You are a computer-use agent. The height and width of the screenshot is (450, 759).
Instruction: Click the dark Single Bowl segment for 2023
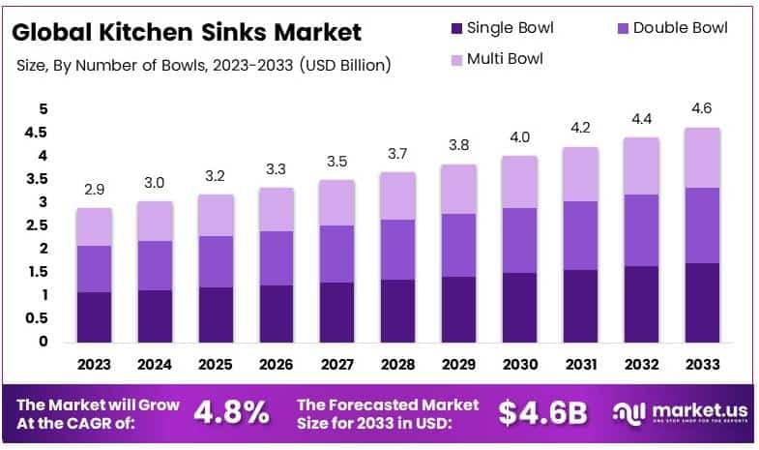click(95, 316)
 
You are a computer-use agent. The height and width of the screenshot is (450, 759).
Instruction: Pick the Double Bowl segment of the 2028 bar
click(398, 250)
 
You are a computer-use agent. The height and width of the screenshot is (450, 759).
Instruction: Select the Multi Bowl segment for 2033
click(704, 158)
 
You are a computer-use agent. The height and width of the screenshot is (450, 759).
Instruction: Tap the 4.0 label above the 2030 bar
click(520, 136)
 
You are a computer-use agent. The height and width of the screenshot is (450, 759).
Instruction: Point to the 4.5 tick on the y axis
click(36, 133)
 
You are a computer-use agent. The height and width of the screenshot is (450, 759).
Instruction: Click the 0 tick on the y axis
click(43, 342)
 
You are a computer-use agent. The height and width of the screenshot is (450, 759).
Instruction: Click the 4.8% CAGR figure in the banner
click(231, 412)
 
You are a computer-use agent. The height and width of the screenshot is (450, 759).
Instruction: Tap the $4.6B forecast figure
click(542, 412)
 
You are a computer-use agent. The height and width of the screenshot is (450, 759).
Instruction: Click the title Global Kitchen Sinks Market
click(188, 32)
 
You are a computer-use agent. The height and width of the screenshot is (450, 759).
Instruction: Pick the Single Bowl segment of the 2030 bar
click(520, 308)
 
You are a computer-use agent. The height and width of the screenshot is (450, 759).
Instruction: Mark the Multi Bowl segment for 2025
click(216, 215)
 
